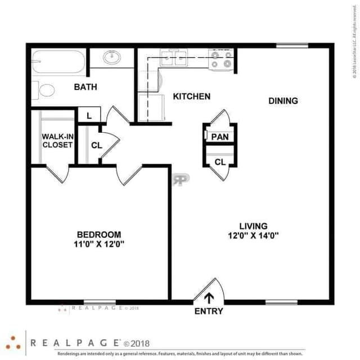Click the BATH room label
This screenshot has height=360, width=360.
pos(85,87)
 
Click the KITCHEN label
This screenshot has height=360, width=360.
pos(191,97)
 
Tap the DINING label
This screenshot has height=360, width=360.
pos(283,101)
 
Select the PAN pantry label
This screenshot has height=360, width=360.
pos(219,137)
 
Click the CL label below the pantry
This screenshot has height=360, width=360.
pos(219,162)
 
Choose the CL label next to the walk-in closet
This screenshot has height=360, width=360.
pos(97,145)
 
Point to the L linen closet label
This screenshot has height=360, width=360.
pos(89,116)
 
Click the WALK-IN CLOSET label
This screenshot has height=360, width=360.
pos(58,140)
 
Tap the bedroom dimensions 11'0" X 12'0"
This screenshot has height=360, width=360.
pos(99,244)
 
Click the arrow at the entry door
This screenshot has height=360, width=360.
pos(209,298)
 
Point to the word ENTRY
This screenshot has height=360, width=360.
pos(209,311)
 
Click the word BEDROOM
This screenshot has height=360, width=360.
pos(99,235)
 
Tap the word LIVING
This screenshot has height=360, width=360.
pos(252,226)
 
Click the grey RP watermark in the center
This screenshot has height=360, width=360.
pos(181,178)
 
